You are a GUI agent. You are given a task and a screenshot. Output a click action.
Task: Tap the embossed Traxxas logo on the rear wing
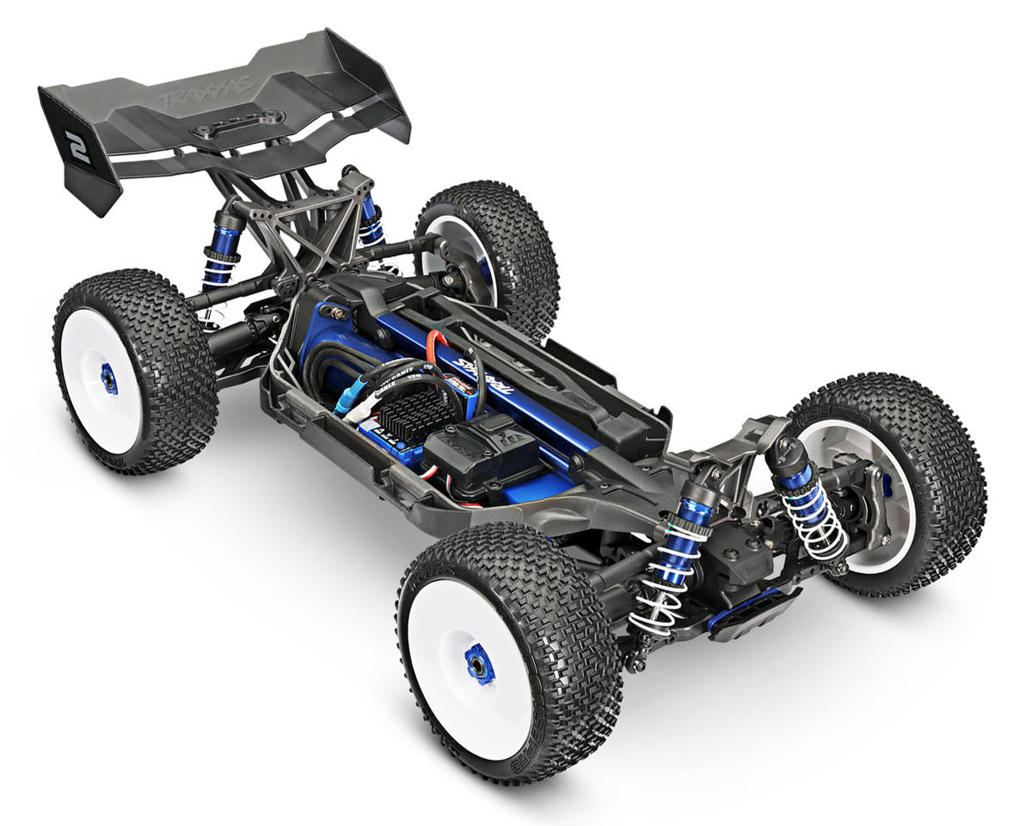pyautogui.click(x=205, y=89)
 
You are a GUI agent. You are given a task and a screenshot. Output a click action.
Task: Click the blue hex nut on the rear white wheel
pyautogui.click(x=109, y=379)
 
